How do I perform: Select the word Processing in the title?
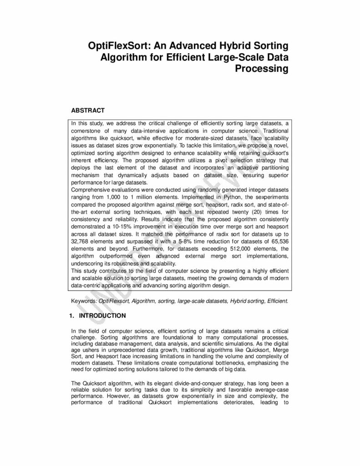click(262, 69)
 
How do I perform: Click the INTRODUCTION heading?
click(102, 315)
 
